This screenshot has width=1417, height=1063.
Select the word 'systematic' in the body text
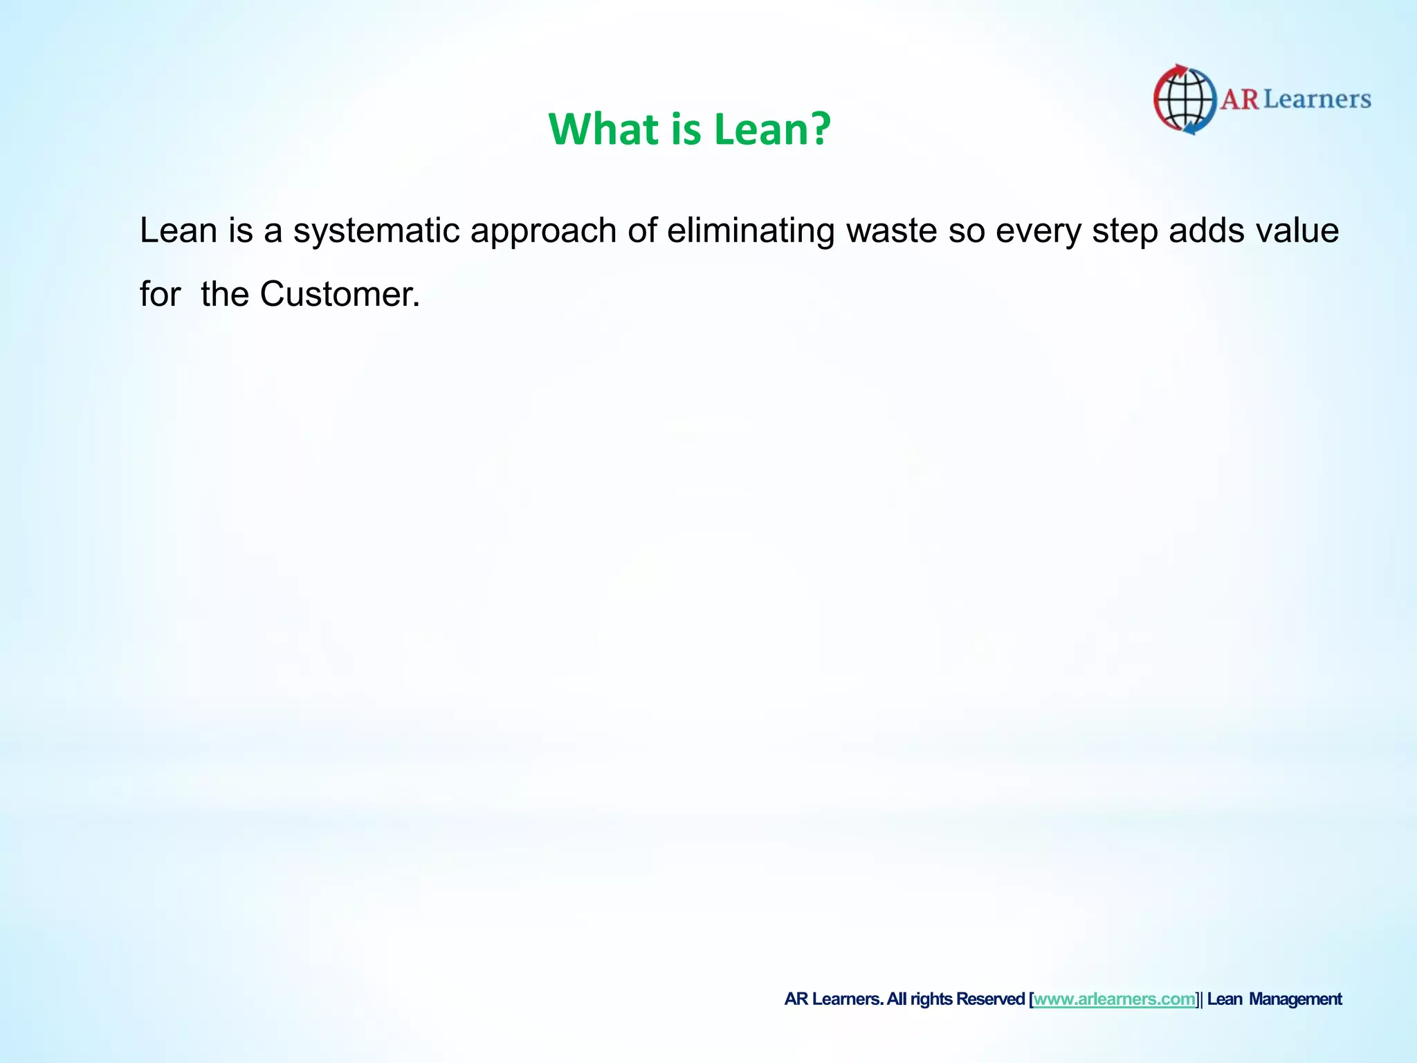[x=376, y=230]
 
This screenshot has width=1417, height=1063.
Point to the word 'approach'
[x=543, y=232]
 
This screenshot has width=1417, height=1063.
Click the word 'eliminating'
[x=751, y=230]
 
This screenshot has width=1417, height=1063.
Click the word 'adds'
[x=1206, y=230]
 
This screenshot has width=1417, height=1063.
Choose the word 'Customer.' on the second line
[x=340, y=294]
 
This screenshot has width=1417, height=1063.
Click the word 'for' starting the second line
[x=160, y=294]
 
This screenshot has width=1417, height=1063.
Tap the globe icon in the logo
[x=1185, y=100]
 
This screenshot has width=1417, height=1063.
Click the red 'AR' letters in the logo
[x=1239, y=100]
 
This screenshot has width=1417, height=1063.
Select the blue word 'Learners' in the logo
[x=1317, y=100]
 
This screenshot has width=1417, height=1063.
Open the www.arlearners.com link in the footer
[x=1115, y=999]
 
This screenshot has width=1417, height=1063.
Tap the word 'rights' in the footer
[x=931, y=999]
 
